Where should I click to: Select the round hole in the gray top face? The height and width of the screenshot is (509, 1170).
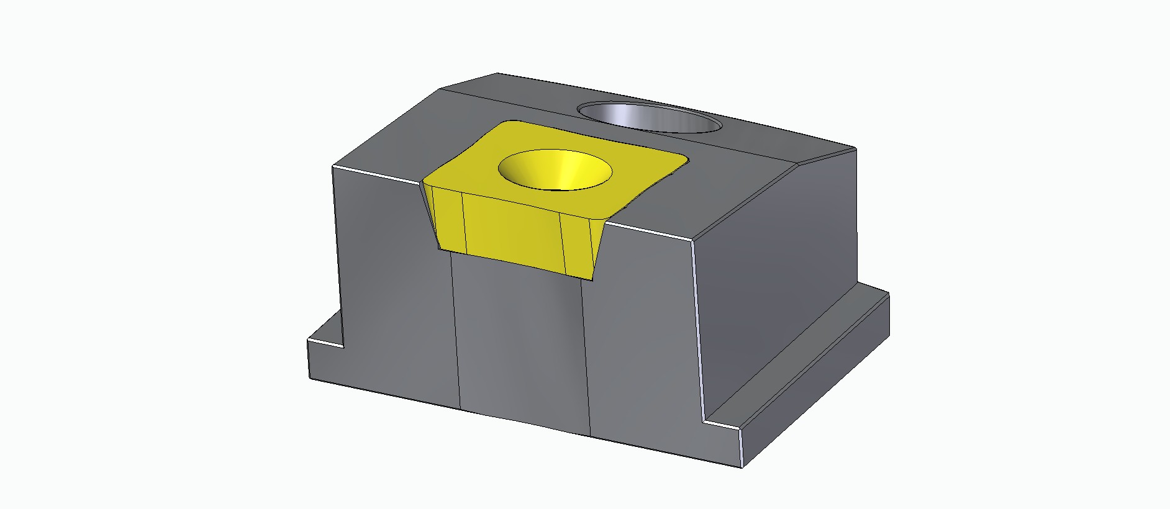649,118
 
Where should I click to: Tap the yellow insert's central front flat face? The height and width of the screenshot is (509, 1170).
512,230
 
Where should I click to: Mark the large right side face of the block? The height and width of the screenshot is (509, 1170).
776,261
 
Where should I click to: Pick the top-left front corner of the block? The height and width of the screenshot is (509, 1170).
333,167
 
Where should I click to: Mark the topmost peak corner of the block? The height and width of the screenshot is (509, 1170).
497,73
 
